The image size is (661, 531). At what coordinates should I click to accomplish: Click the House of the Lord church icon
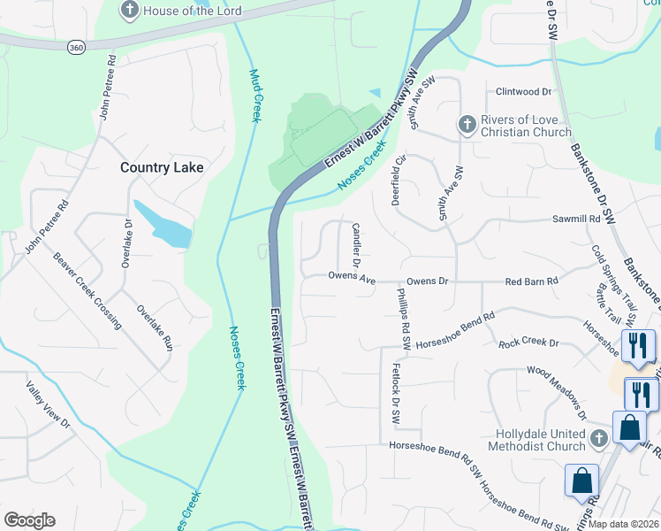(x=129, y=11)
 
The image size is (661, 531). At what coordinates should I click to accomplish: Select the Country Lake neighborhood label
(x=162, y=167)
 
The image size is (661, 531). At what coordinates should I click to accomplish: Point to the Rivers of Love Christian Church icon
(x=466, y=126)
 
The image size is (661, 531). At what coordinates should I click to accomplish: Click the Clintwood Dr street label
(x=523, y=91)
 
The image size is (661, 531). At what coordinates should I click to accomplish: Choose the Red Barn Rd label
(x=532, y=281)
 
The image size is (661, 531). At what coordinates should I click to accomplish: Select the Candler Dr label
(x=358, y=245)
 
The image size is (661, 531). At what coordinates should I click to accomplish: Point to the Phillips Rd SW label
(x=404, y=311)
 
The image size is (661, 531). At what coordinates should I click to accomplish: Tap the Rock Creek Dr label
(x=528, y=342)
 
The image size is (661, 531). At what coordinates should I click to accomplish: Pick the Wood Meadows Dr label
(x=558, y=392)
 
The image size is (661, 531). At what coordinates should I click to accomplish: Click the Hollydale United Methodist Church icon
(x=599, y=438)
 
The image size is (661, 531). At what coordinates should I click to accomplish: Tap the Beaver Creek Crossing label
(x=87, y=291)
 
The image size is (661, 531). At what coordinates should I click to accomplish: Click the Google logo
(x=29, y=520)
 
